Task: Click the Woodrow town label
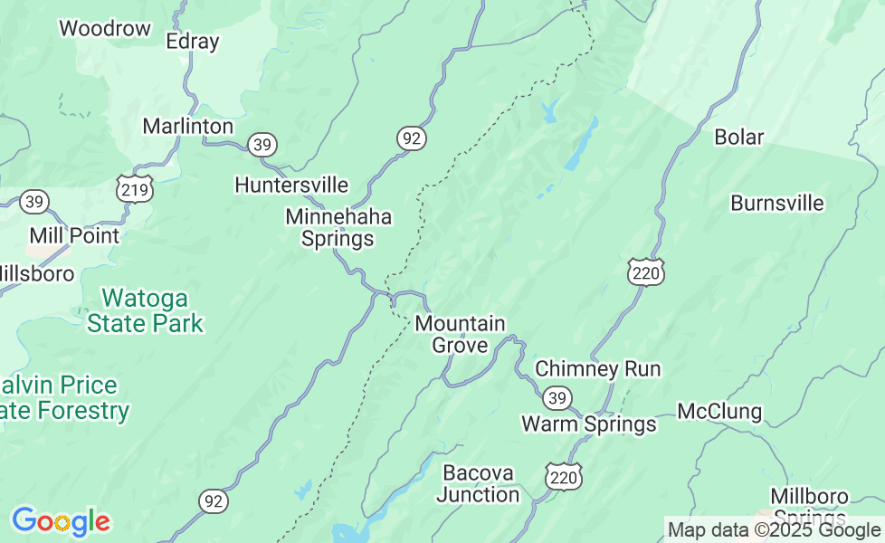[x=105, y=29]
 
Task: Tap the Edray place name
[x=193, y=42]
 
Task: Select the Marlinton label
[x=188, y=126]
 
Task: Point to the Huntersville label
[x=291, y=185]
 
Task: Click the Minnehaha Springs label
[x=338, y=228]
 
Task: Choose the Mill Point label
[x=74, y=235]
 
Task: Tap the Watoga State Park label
[x=145, y=310]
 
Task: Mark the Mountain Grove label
[x=460, y=334]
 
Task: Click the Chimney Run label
[x=598, y=369]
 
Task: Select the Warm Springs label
[x=589, y=424]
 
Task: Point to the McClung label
[x=719, y=412]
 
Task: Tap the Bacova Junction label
[x=478, y=483]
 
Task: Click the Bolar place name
[x=739, y=138]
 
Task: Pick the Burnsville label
[x=777, y=203]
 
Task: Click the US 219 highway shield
[x=134, y=189]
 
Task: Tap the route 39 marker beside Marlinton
[x=262, y=145]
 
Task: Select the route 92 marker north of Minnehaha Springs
[x=411, y=138]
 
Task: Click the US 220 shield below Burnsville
[x=645, y=271]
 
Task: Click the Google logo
[x=61, y=521]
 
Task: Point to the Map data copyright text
[x=774, y=529]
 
